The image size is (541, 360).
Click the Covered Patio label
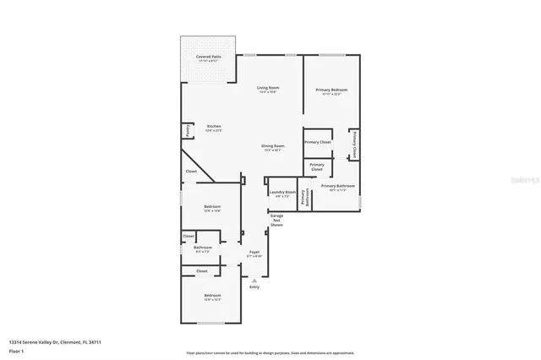click(x=208, y=57)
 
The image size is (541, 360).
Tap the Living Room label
click(x=268, y=89)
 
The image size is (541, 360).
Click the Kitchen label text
click(x=213, y=128)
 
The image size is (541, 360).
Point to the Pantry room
click(x=186, y=131)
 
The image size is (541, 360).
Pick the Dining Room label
click(x=272, y=147)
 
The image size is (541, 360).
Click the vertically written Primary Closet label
click(x=354, y=145)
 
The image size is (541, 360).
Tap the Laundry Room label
click(x=282, y=193)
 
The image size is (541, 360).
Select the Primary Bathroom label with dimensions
click(x=337, y=187)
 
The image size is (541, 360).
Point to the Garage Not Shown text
click(x=276, y=221)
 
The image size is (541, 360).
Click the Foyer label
click(x=254, y=253)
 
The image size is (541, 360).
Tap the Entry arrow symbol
click(x=254, y=280)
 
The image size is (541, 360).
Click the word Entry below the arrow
click(x=254, y=287)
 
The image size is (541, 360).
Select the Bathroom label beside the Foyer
click(x=203, y=248)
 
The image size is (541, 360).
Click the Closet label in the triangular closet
click(x=191, y=172)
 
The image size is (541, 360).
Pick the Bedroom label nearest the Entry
click(x=211, y=297)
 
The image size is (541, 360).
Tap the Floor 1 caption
click(x=16, y=350)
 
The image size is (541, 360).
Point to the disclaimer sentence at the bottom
click(x=270, y=352)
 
